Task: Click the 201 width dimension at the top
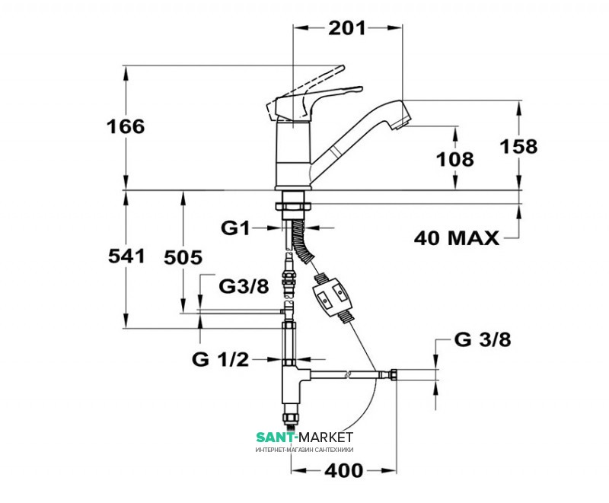347,28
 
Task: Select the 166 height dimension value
126,126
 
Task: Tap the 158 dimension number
518,146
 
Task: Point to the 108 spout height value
455,159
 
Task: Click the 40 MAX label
456,237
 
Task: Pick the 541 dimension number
126,256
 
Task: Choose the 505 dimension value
183,257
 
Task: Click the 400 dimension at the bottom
344,471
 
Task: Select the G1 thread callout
235,228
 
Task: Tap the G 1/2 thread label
220,360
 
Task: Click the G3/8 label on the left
244,286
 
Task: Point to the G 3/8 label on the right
483,340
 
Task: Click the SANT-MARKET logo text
304,438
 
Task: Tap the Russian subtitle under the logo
304,450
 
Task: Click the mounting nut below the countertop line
293,205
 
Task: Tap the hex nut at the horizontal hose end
393,374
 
